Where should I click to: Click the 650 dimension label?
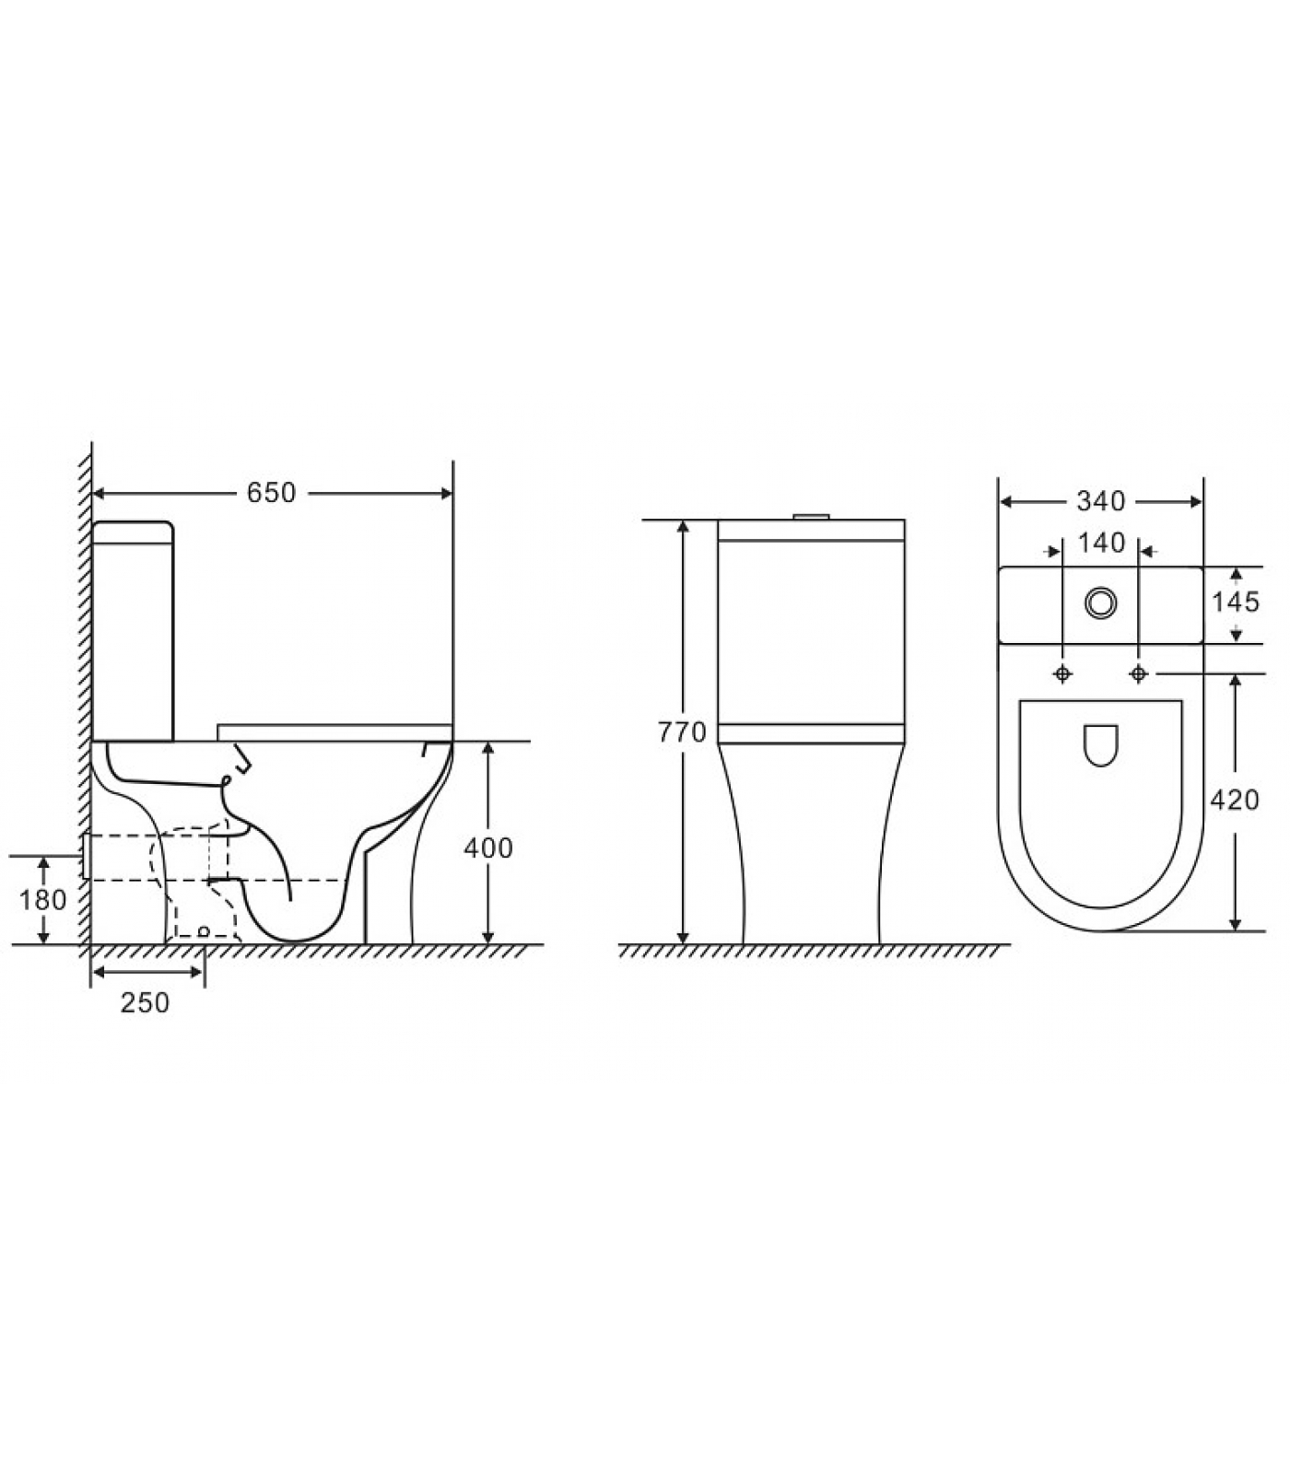(x=271, y=493)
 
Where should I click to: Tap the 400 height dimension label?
(x=487, y=848)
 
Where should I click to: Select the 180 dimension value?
(x=42, y=899)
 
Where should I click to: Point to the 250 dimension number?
(x=145, y=1002)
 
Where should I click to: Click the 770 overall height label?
(x=682, y=732)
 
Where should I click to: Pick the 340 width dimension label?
(x=1101, y=501)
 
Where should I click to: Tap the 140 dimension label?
(x=1101, y=544)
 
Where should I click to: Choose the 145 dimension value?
(x=1235, y=602)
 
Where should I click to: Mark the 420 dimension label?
(x=1235, y=801)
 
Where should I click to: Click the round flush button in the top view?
(x=1100, y=603)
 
